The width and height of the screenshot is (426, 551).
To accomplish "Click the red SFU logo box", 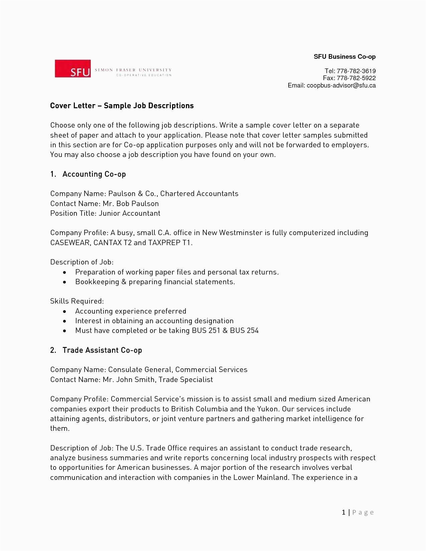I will click(x=73, y=69).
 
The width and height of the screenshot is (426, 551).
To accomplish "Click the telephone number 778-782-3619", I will click(x=356, y=71).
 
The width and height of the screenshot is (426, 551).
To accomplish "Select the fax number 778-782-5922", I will click(x=356, y=78).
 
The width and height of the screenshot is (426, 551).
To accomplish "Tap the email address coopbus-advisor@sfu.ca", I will click(x=341, y=85).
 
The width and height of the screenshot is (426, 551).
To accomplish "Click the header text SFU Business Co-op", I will click(x=344, y=57).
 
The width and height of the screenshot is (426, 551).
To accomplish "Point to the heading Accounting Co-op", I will click(x=94, y=174).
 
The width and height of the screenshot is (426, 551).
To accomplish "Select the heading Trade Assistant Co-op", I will click(x=102, y=350).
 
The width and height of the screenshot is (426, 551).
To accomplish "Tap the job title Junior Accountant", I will click(x=129, y=213).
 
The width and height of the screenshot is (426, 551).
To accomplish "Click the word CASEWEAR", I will click(x=70, y=243).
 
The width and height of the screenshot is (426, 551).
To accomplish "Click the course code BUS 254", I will click(x=244, y=331).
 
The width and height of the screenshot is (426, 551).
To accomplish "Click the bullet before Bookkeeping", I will click(x=65, y=282).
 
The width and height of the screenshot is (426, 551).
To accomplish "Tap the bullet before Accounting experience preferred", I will click(x=65, y=312).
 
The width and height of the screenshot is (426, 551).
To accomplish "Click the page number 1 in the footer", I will click(x=343, y=512).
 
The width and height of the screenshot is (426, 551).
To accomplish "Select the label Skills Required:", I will click(x=77, y=301).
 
